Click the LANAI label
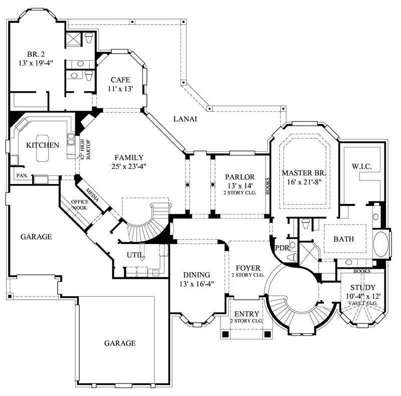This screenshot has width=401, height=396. (x=185, y=119)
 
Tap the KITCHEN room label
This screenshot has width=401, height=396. (x=43, y=145)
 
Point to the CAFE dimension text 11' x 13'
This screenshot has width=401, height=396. (x=120, y=89)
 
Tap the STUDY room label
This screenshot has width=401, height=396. (x=363, y=287)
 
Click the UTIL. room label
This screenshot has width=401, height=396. (x=135, y=255)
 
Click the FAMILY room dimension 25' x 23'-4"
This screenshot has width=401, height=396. (x=129, y=166)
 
